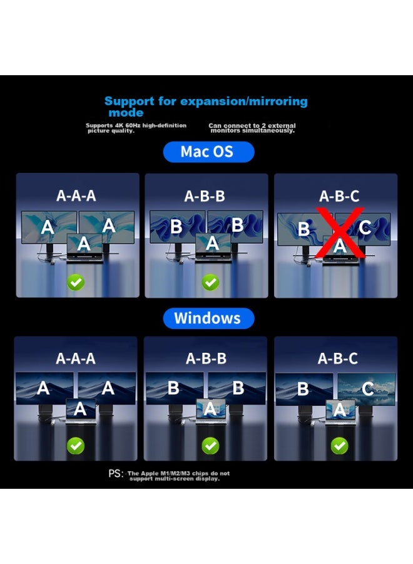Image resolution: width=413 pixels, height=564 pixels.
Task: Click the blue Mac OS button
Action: [x=208, y=152]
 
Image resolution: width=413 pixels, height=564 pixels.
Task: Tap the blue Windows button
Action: [x=208, y=318]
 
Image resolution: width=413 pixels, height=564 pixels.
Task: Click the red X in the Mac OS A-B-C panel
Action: [x=340, y=232]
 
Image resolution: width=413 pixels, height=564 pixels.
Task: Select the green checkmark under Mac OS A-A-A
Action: [x=76, y=283]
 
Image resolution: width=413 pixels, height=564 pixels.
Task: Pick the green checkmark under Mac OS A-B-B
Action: [x=210, y=283]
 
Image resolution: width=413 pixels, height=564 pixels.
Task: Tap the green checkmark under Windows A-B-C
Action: [x=339, y=446]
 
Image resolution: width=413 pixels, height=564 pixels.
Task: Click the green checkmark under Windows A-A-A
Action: [x=76, y=446]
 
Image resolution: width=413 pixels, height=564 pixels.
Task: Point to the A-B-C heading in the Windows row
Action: [x=338, y=358]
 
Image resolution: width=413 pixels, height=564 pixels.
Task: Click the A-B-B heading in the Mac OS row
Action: [x=205, y=196]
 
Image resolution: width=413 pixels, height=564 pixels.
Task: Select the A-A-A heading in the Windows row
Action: [x=76, y=358]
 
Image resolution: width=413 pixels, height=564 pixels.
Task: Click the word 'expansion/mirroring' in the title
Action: [x=244, y=102]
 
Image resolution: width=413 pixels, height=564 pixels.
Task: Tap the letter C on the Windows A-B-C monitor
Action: [x=367, y=389]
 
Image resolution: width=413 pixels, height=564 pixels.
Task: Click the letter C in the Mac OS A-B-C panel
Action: [x=365, y=227]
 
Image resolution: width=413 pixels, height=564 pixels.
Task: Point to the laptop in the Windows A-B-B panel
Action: [x=211, y=412]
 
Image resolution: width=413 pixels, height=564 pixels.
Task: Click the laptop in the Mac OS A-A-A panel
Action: [x=84, y=248]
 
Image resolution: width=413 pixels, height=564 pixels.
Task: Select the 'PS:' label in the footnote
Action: [x=116, y=474]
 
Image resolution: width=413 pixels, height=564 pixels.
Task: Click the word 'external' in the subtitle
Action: [x=282, y=125]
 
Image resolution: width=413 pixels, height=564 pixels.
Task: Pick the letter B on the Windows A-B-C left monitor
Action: [x=303, y=389]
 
